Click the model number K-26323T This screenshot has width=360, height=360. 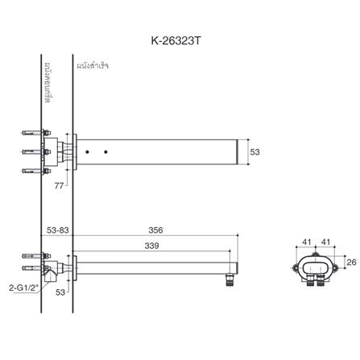click(x=180, y=38)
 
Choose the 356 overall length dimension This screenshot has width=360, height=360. click(x=155, y=230)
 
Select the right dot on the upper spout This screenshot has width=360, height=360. click(x=106, y=151)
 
